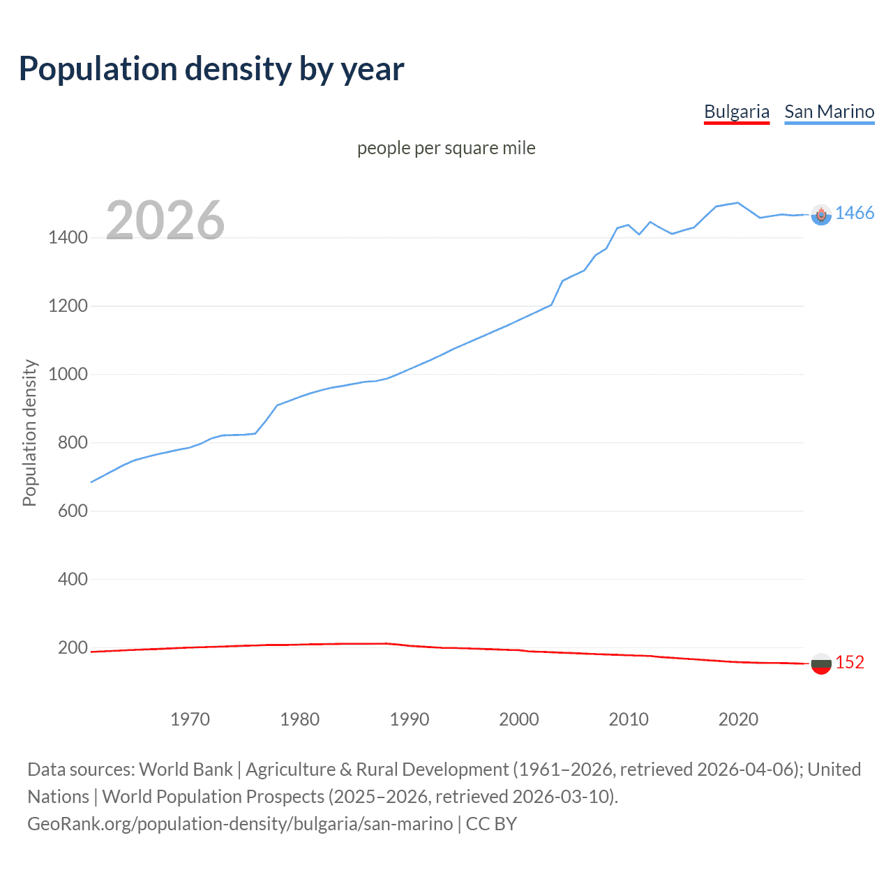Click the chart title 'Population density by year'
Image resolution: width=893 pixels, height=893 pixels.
pyautogui.click(x=211, y=69)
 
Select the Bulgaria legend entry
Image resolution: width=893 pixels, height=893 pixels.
pyautogui.click(x=736, y=112)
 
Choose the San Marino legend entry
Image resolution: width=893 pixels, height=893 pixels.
pyautogui.click(x=829, y=112)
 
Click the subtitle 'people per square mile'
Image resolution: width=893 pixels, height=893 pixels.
pyautogui.click(x=446, y=148)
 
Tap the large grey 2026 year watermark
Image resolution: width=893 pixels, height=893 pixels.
pyautogui.click(x=165, y=220)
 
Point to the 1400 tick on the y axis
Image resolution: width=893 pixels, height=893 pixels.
pyautogui.click(x=68, y=238)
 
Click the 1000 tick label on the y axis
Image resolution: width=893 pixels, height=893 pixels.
pyautogui.click(x=68, y=375)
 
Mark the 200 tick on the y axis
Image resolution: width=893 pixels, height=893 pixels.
pyautogui.click(x=73, y=648)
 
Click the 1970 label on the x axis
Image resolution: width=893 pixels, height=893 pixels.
pyautogui.click(x=190, y=719)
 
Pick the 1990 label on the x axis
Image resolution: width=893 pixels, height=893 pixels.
pyautogui.click(x=410, y=719)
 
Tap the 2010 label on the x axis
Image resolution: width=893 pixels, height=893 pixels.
pyautogui.click(x=629, y=719)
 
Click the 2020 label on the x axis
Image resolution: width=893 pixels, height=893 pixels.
pyautogui.click(x=738, y=719)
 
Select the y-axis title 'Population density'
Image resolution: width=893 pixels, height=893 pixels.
pyautogui.click(x=29, y=433)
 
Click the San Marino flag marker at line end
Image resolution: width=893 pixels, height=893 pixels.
pyautogui.click(x=821, y=215)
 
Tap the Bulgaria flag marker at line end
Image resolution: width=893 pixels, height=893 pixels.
pyautogui.click(x=821, y=663)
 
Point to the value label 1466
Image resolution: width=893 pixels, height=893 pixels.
pyautogui.click(x=855, y=213)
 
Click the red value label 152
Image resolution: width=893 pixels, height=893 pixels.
pyautogui.click(x=850, y=663)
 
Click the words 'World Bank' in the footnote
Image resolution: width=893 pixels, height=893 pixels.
pyautogui.click(x=186, y=770)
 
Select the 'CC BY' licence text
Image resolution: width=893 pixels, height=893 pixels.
pyautogui.click(x=491, y=824)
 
